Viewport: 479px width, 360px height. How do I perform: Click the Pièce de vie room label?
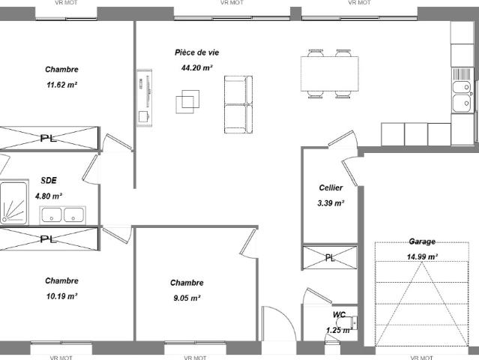coord(196,52)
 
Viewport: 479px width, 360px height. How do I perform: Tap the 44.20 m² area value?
coord(196,67)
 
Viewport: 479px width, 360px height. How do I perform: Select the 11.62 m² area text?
coord(61,85)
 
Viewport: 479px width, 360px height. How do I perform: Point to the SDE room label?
coord(49,180)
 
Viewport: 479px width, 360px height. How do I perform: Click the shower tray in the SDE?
coord(13,202)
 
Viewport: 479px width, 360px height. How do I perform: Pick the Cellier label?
coord(331,187)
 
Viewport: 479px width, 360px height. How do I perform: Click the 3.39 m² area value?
coord(331,202)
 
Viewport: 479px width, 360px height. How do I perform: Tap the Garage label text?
coord(422,241)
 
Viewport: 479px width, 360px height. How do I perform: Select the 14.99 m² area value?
coord(422,256)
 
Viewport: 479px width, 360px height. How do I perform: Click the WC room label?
coord(339,315)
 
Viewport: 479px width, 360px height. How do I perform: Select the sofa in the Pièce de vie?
coord(236,104)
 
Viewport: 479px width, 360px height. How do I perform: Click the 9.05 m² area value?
coord(187,298)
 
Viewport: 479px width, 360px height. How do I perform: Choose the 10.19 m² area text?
coord(61,295)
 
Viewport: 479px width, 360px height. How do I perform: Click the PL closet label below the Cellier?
coord(330,258)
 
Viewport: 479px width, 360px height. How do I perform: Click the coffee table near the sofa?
coord(187,101)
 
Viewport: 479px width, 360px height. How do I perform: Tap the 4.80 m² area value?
coord(49,195)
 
